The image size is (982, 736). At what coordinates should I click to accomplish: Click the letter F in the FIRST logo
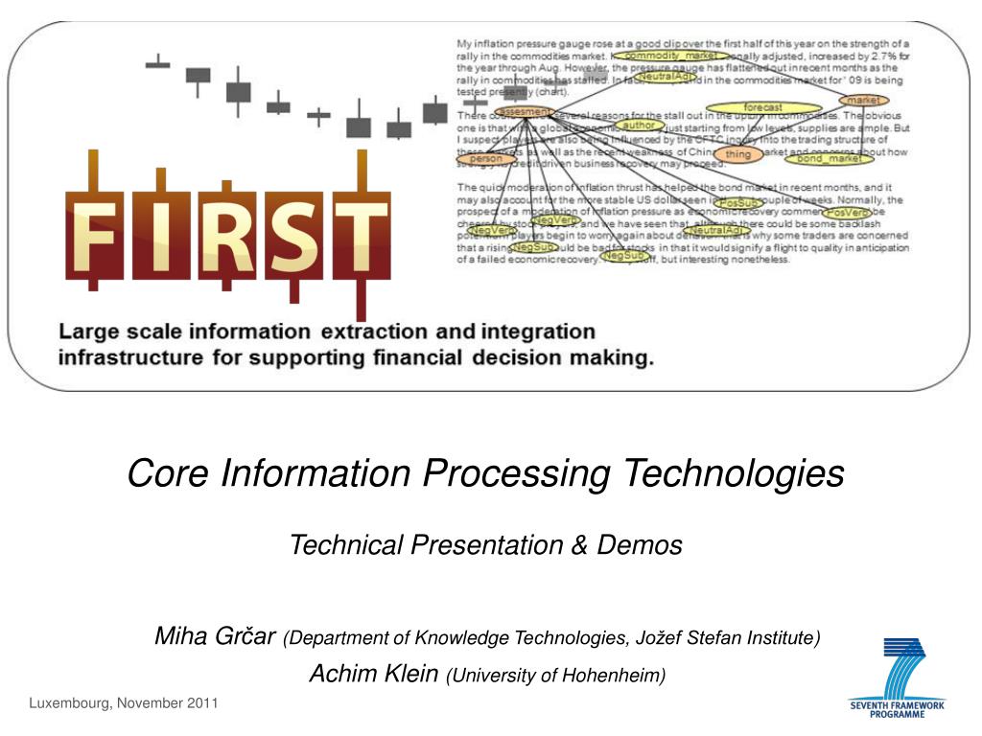pos(95,236)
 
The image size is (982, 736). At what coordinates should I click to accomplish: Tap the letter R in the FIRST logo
pos(225,236)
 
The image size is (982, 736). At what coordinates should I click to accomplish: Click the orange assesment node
pos(524,112)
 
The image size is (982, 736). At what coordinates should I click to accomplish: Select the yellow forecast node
pos(762,107)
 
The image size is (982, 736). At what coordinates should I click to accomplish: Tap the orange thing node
pos(738,154)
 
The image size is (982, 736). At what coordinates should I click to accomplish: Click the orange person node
pos(486,159)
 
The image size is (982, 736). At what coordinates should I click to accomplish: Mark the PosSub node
pos(737,203)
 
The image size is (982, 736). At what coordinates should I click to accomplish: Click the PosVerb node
pos(847,212)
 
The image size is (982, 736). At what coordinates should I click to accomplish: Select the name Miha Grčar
pos(216,636)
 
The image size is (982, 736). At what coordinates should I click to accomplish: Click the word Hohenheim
pos(614,676)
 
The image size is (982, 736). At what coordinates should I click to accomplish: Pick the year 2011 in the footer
pos(199,704)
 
